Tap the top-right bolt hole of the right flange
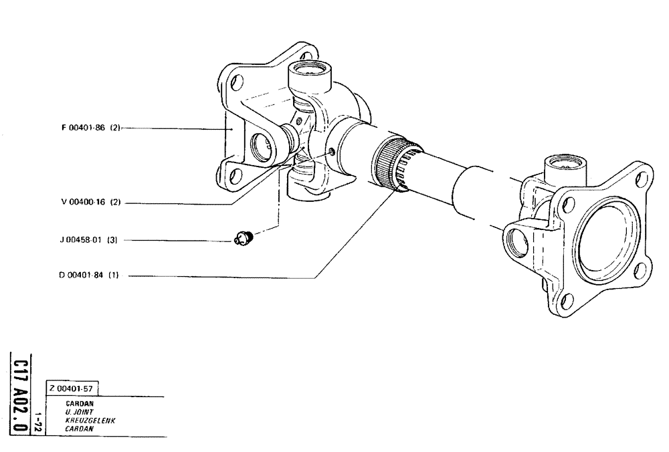[641, 179]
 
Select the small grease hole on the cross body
[331, 152]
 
